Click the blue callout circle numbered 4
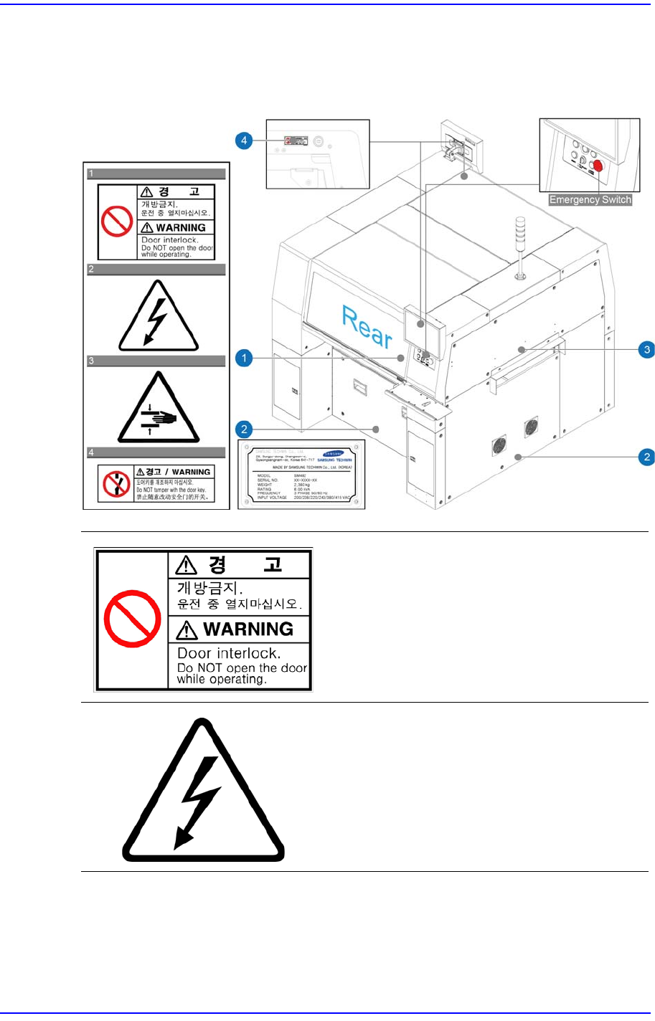(x=244, y=140)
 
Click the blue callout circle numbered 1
(x=244, y=357)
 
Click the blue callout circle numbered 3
(x=647, y=349)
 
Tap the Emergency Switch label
(x=590, y=200)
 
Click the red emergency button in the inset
(x=598, y=166)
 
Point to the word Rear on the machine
(x=367, y=327)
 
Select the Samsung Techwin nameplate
(x=301, y=475)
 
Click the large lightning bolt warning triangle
(x=204, y=793)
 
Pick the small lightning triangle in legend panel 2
(x=157, y=316)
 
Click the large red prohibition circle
(x=132, y=619)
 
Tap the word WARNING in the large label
(x=248, y=629)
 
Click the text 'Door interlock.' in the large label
(x=229, y=653)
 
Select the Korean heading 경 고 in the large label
(x=244, y=565)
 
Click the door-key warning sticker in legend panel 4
(x=156, y=483)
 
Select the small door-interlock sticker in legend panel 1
(x=156, y=222)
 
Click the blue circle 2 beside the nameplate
(x=244, y=429)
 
